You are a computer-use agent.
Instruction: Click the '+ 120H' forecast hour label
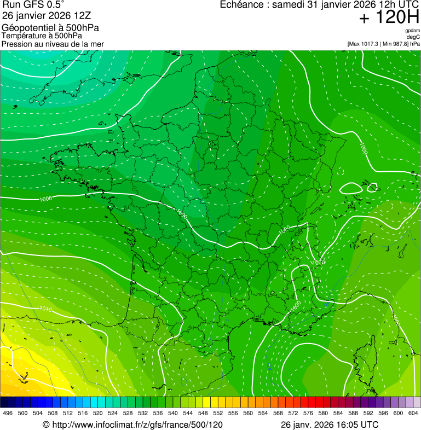(x=388, y=18)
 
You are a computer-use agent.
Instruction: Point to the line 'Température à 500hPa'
(x=42, y=36)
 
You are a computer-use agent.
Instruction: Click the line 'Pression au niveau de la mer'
(x=53, y=44)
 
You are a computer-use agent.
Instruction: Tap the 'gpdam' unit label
(x=412, y=31)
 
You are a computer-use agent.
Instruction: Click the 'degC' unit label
(x=414, y=37)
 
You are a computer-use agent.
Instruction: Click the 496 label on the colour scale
(x=8, y=414)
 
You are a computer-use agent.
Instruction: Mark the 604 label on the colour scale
(x=414, y=414)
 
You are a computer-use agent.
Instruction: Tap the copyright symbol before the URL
(x=46, y=425)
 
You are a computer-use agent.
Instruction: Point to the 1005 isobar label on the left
(x=46, y=199)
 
